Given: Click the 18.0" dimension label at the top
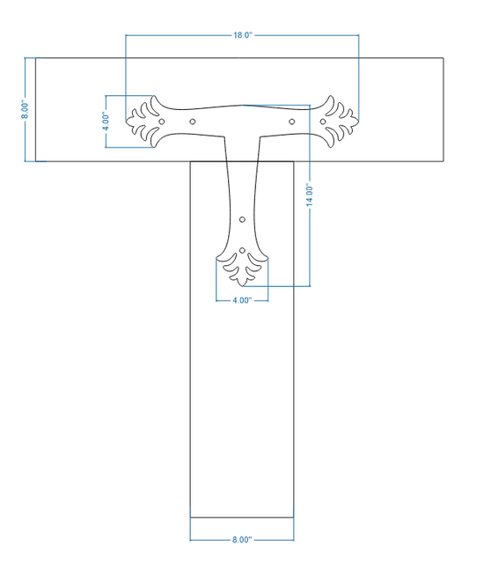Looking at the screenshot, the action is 243,35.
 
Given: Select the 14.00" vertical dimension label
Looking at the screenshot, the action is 310,195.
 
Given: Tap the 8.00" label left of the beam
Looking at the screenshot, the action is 25,109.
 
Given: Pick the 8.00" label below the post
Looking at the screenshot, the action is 242,540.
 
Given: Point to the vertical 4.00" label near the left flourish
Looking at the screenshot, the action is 106,122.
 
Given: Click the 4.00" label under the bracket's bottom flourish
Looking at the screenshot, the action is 242,300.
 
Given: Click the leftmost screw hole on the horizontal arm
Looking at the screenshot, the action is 162,122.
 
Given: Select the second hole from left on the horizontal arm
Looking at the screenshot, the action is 193,122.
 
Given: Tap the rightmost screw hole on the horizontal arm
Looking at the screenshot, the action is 323,122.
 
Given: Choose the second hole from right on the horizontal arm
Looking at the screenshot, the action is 291,122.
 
